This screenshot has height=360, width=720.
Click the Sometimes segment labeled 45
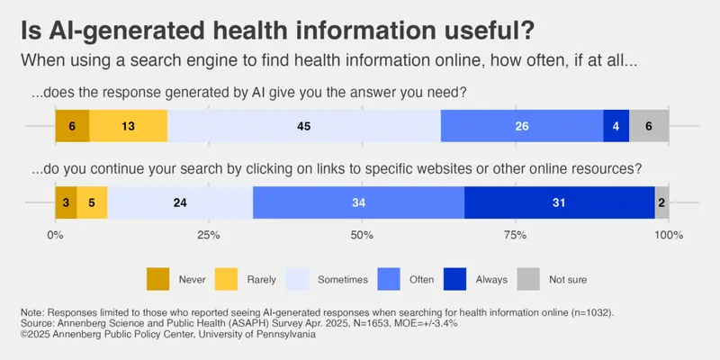(x=304, y=126)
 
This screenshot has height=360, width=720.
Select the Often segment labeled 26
(x=522, y=126)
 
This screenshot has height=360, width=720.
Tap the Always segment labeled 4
(x=616, y=126)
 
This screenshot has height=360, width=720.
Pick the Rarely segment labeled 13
(x=129, y=126)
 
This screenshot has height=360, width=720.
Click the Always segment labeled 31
(x=559, y=202)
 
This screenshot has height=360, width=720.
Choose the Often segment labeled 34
(x=358, y=202)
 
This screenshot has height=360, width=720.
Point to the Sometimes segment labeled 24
(x=180, y=202)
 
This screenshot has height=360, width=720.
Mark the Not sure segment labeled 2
(x=661, y=202)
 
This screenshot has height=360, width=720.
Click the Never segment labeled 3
(x=66, y=202)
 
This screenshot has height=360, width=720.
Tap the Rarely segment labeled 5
(x=92, y=202)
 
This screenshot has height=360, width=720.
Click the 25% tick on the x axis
(x=208, y=235)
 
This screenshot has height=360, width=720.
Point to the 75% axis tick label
(x=515, y=235)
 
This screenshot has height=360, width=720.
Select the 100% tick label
(x=668, y=235)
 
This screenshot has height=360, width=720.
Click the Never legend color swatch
(x=157, y=279)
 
